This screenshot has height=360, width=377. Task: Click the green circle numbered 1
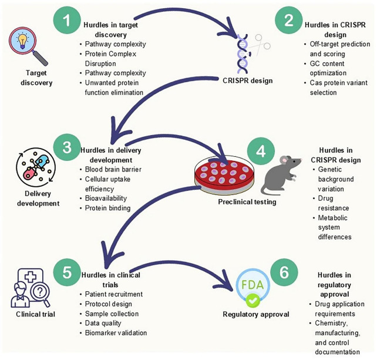point(67,20)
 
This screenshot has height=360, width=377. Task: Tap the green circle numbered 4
point(261,152)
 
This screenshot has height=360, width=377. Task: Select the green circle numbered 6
point(284,272)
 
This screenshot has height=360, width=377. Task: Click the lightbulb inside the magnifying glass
point(22,41)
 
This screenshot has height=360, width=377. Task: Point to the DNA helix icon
point(243,53)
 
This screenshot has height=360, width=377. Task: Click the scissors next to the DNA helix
point(260,45)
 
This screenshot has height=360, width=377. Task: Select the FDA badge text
point(253,285)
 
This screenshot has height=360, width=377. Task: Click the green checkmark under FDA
point(253,300)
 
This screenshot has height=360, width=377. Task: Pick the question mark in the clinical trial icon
point(40,291)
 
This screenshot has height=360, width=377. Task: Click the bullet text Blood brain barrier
point(113,170)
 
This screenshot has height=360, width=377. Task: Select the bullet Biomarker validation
point(116,333)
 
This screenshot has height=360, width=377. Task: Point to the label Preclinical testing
point(247,202)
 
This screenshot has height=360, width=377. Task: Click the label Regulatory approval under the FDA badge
point(256,314)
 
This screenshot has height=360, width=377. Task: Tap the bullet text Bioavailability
point(106,198)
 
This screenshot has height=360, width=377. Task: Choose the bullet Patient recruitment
point(114,294)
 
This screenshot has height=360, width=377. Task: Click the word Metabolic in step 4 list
point(332,218)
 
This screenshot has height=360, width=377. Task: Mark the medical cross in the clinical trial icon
point(31,277)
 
